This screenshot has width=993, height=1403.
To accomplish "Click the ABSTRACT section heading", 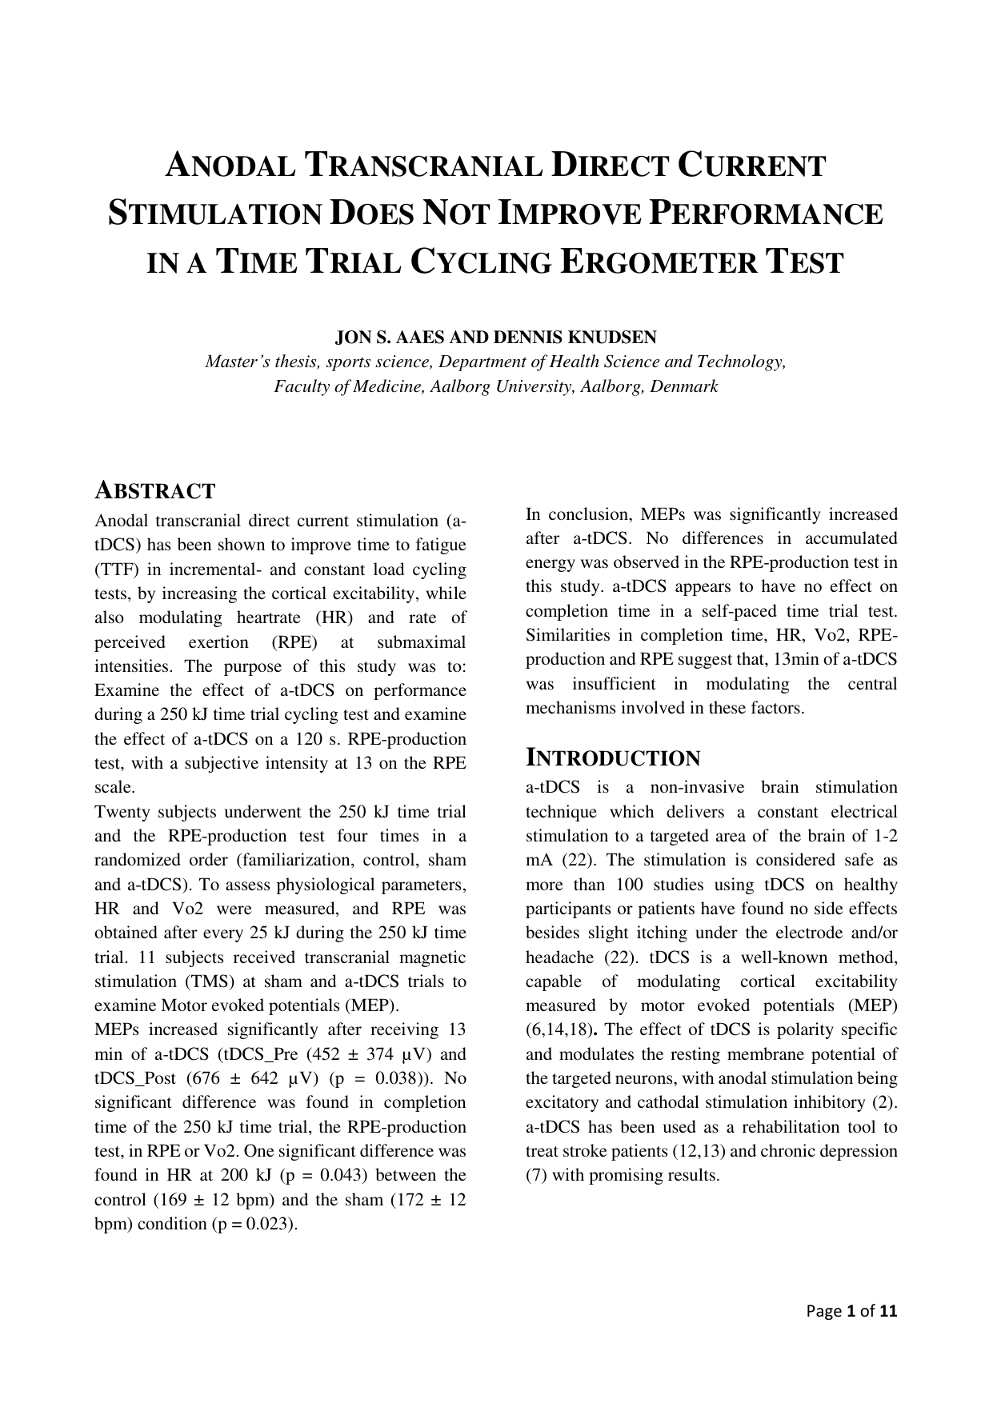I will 155,490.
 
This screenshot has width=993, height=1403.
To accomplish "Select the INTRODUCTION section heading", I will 613,757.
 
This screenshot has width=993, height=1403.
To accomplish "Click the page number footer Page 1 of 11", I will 852,1310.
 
